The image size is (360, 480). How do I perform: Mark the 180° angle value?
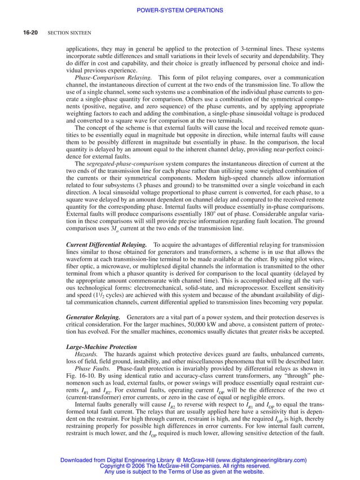(x=199, y=215)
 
